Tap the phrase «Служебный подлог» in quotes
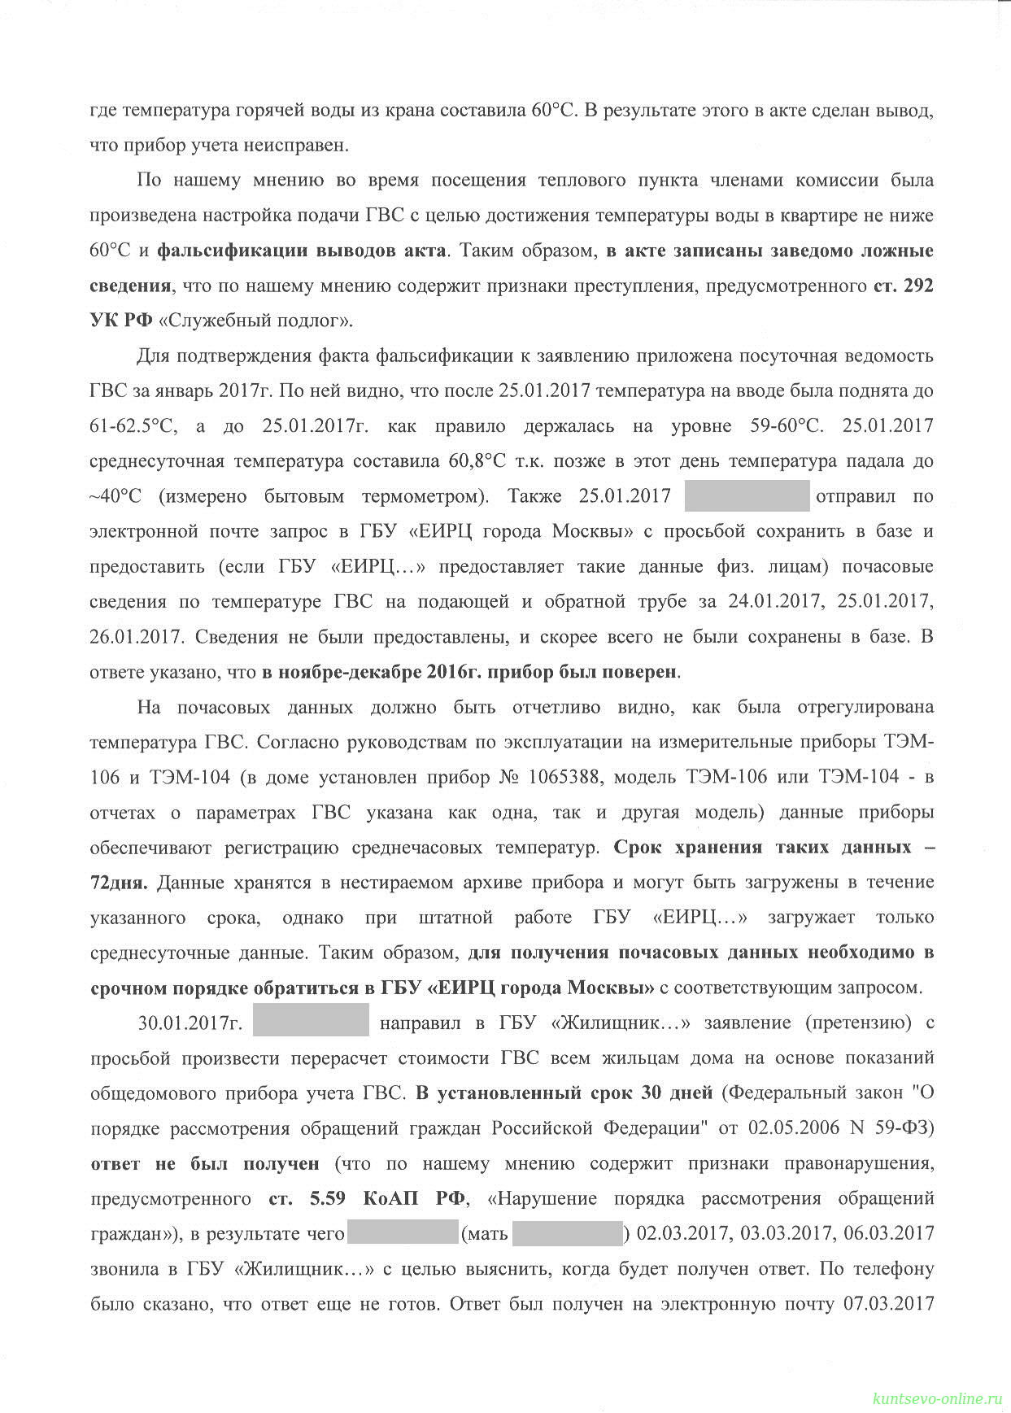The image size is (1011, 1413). (257, 321)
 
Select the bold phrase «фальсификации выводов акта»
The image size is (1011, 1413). (301, 251)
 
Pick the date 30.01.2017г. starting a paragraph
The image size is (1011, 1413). (190, 1023)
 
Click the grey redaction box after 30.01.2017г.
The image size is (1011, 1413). (311, 1021)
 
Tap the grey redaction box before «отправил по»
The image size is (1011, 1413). (747, 496)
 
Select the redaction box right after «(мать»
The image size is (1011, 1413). (567, 1233)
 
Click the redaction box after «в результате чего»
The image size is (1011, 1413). (403, 1233)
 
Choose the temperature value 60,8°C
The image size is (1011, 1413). (477, 461)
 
